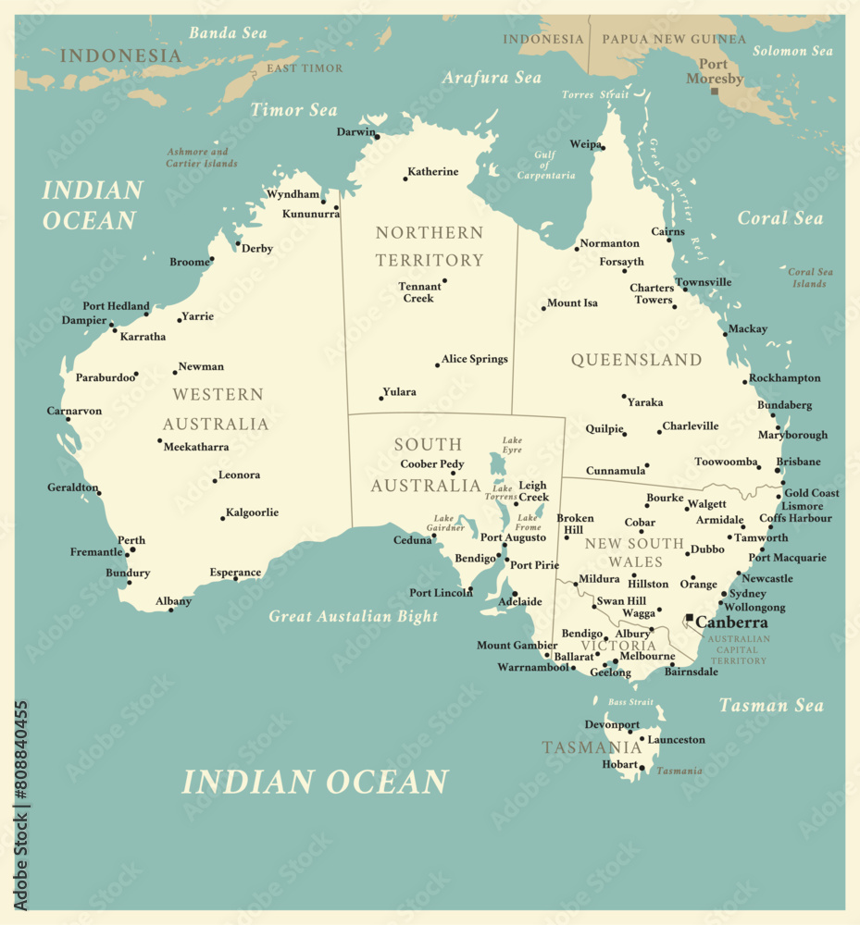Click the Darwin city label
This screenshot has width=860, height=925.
point(355,132)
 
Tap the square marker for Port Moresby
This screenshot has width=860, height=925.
point(715,91)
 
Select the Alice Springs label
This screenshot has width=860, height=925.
point(474,359)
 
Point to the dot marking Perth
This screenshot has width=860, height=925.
point(132,549)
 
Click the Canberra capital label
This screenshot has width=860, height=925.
point(731,623)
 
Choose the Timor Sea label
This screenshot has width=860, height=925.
point(293,110)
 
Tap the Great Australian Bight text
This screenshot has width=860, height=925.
point(353,616)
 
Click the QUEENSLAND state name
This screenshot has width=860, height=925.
point(636,360)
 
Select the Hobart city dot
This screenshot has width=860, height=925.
point(642,767)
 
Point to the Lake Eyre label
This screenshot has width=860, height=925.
point(512,445)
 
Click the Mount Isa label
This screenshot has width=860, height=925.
point(572,303)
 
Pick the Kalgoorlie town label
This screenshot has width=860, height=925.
point(252,512)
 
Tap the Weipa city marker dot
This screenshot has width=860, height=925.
point(602,146)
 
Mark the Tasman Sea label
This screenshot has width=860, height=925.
point(771,706)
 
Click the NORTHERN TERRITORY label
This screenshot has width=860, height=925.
point(430,246)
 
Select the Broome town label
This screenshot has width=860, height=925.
point(189,262)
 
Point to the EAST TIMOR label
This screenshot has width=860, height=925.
point(304,68)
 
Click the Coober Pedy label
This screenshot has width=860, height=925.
point(432,464)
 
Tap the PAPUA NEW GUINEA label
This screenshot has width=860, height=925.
point(673,39)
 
